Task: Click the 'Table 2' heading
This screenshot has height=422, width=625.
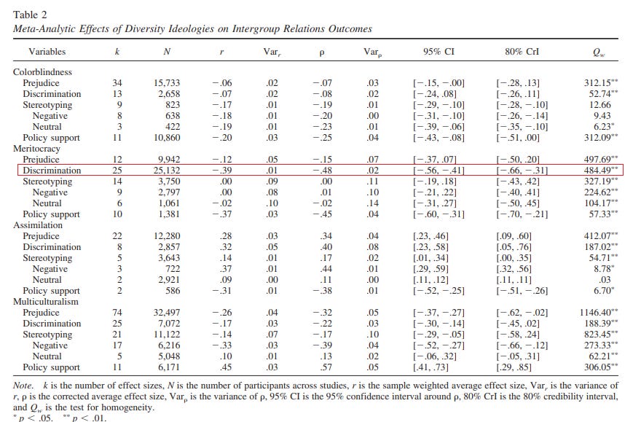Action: [30, 15]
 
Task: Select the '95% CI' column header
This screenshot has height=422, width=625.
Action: [439, 52]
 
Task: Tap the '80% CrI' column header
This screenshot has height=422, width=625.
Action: [522, 52]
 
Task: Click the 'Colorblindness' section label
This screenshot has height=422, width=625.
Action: [43, 72]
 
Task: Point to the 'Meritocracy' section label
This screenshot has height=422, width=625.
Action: [36, 149]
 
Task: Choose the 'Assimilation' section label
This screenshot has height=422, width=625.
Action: [38, 225]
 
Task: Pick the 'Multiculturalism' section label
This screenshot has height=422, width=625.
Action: [46, 302]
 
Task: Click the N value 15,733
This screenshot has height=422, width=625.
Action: [167, 83]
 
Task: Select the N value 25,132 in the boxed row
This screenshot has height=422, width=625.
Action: [167, 171]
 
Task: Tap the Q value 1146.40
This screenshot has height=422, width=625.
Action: [599, 313]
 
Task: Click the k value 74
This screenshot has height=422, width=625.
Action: [117, 313]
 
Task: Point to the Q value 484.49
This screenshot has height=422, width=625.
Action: [601, 171]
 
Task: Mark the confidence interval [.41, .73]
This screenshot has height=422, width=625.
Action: [431, 367]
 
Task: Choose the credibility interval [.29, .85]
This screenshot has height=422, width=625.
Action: [514, 367]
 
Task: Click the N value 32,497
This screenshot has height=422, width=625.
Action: [167, 313]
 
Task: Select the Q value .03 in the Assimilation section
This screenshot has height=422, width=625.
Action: [605, 280]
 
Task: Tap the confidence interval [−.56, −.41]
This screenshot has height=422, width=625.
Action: [439, 171]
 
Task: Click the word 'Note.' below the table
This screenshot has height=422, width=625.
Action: [23, 386]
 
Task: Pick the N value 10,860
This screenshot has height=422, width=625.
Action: [167, 138]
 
